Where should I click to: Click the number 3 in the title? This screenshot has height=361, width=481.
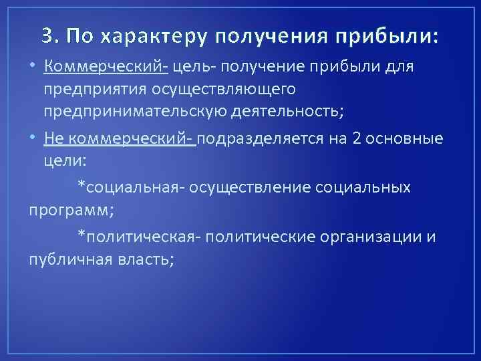[46, 37]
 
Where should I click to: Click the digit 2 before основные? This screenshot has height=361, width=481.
[361, 139]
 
